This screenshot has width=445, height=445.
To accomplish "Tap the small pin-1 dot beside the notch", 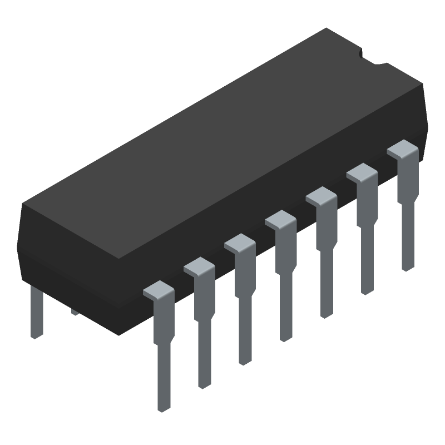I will point(362,55).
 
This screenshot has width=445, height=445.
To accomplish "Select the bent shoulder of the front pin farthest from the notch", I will point(159,290).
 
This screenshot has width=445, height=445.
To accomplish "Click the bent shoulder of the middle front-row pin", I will point(281,220).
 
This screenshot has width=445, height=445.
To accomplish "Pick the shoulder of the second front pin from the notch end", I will point(362,173).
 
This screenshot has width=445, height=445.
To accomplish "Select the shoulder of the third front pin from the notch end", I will point(321,196).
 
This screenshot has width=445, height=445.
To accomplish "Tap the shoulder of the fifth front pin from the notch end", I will point(240,243).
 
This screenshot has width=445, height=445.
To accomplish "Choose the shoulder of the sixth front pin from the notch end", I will point(199,267).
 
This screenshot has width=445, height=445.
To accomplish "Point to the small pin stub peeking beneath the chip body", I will point(75,313).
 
